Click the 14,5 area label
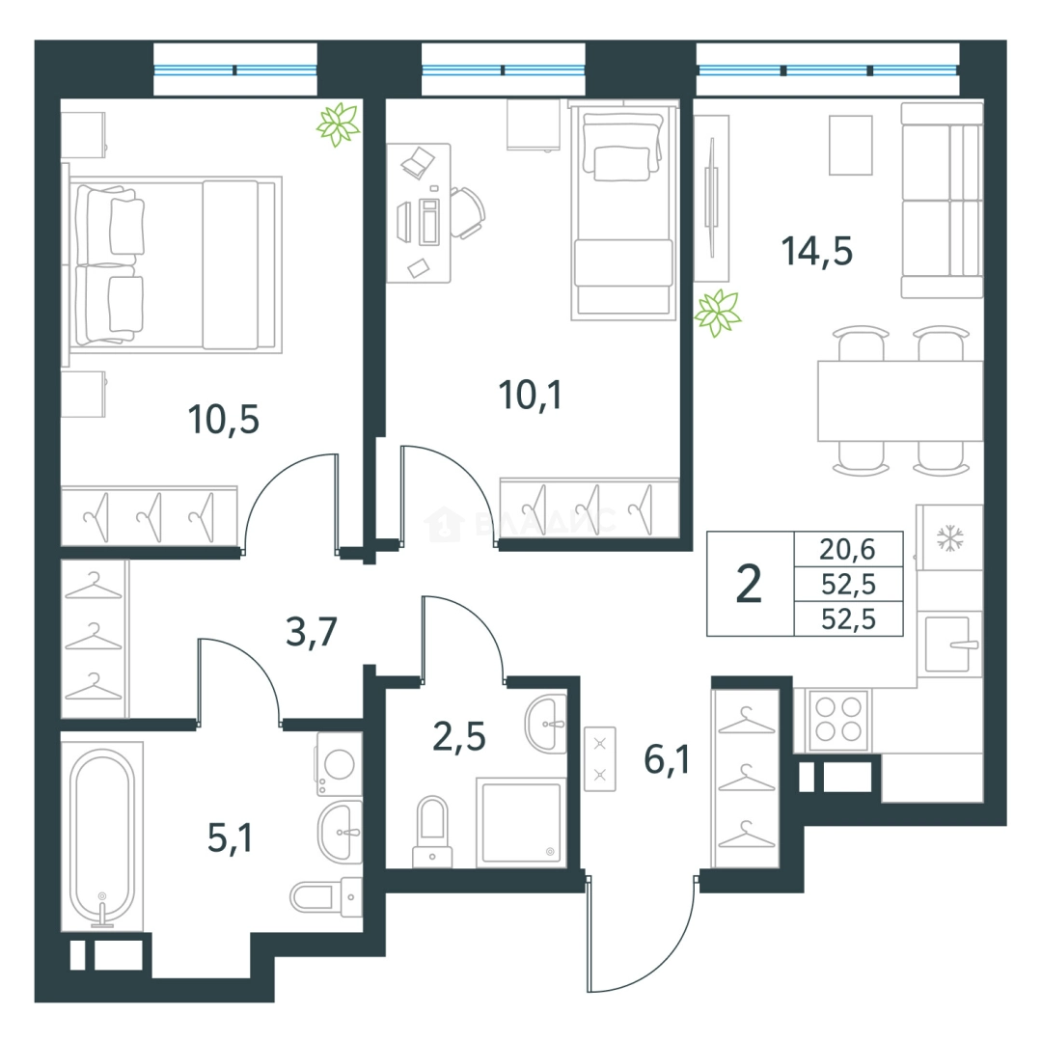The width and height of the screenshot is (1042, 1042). tap(817, 251)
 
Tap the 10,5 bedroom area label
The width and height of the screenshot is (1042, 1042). tap(223, 420)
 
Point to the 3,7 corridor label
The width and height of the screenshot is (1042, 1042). tap(312, 631)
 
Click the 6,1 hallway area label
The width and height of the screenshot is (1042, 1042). tap(668, 759)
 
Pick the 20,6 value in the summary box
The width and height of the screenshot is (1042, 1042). tap(847, 550)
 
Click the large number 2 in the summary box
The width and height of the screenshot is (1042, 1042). tap(749, 584)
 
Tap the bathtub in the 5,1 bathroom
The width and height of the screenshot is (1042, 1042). tap(102, 836)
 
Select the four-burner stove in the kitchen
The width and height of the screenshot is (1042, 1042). tap(838, 719)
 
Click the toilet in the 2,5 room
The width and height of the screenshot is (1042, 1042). tap(432, 832)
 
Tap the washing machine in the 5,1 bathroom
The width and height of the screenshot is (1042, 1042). tap(339, 764)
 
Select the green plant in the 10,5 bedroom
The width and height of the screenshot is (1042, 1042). tap(339, 124)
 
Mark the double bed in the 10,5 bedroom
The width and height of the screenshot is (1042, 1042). tap(172, 263)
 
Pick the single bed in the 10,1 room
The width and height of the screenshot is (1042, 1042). tap(623, 211)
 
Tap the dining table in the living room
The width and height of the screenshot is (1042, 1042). tap(900, 400)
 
